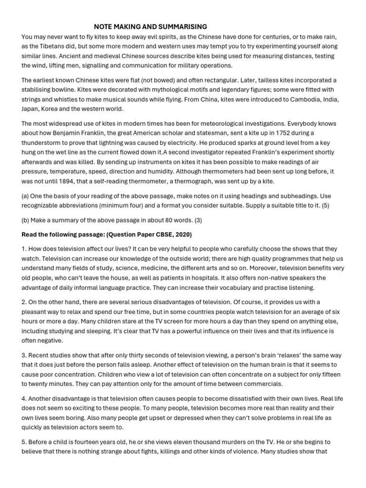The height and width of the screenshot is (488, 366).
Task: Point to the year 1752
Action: (277, 133)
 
